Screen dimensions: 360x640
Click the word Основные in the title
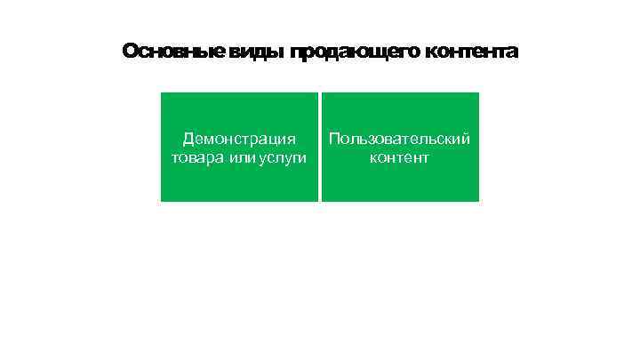(x=173, y=52)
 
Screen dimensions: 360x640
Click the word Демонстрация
(x=239, y=139)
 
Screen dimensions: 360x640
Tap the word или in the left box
(x=242, y=158)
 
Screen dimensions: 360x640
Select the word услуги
(x=284, y=158)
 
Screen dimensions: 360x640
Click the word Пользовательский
(x=399, y=139)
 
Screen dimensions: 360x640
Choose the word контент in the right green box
(x=399, y=158)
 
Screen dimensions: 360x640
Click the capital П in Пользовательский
(x=334, y=139)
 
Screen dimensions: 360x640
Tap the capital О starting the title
(x=130, y=52)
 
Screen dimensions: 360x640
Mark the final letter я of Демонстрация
(x=292, y=139)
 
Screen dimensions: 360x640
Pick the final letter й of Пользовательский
(x=466, y=139)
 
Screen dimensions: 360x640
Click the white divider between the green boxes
(x=320, y=147)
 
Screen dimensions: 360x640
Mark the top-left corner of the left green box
(x=162, y=93)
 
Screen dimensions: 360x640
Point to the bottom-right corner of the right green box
(x=478, y=201)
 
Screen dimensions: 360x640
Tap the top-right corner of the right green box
(x=478, y=93)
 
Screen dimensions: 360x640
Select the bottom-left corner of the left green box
(x=162, y=201)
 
